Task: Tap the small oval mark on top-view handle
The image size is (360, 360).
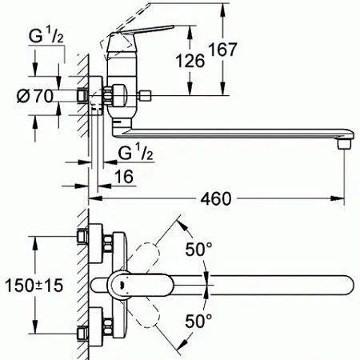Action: (120, 283)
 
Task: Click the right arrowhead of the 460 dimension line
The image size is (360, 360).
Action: (342, 196)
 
